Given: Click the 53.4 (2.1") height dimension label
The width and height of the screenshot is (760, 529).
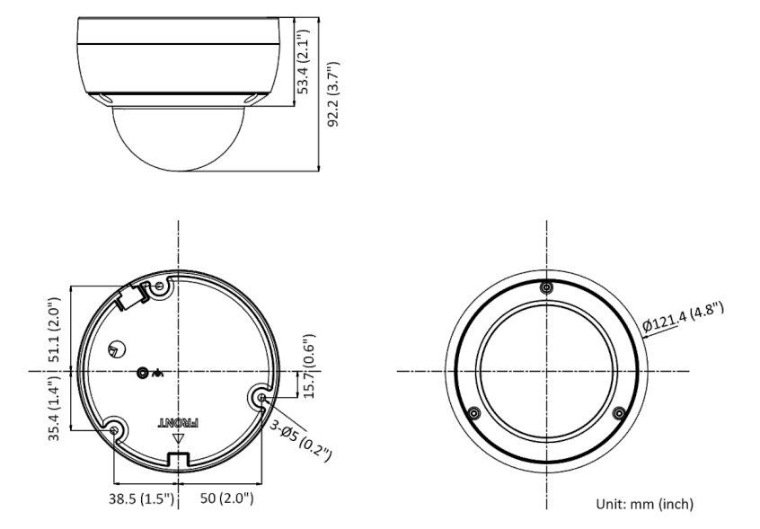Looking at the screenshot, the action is click(x=303, y=62).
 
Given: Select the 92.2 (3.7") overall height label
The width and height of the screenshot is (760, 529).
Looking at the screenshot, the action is click(x=333, y=94).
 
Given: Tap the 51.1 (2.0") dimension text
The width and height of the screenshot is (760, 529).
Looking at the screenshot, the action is click(x=55, y=330).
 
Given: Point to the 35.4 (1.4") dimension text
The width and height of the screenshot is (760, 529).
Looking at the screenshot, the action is click(x=55, y=408).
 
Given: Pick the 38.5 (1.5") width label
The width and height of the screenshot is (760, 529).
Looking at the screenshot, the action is click(x=141, y=498).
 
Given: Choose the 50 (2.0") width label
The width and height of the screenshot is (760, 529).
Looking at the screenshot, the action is click(x=227, y=498).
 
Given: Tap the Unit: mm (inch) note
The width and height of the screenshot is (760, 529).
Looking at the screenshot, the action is click(x=645, y=504).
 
